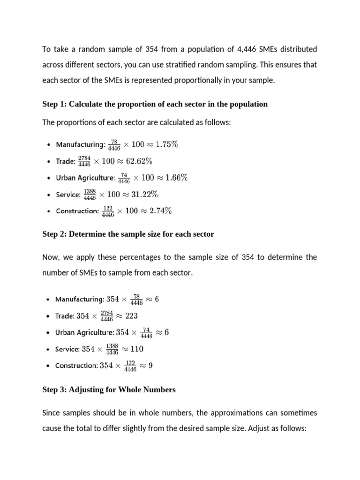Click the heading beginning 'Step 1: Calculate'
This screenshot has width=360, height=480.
point(155,104)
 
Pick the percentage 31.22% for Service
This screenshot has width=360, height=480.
point(144,194)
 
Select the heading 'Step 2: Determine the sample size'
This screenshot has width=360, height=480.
point(128,234)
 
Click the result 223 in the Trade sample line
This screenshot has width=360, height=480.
point(131,315)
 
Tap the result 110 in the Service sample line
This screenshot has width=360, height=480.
point(137,349)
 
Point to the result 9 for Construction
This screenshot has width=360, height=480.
point(150,366)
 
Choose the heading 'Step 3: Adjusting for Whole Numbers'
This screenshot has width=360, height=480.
point(109,390)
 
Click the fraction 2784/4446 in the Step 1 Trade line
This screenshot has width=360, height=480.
point(84,161)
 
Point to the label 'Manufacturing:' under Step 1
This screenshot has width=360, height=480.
point(80,145)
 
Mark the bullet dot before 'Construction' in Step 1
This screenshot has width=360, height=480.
point(49,211)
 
